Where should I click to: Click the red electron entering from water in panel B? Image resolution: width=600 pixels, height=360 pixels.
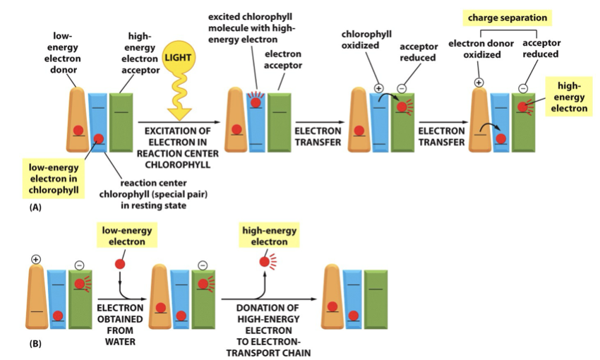click(x=121, y=265)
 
